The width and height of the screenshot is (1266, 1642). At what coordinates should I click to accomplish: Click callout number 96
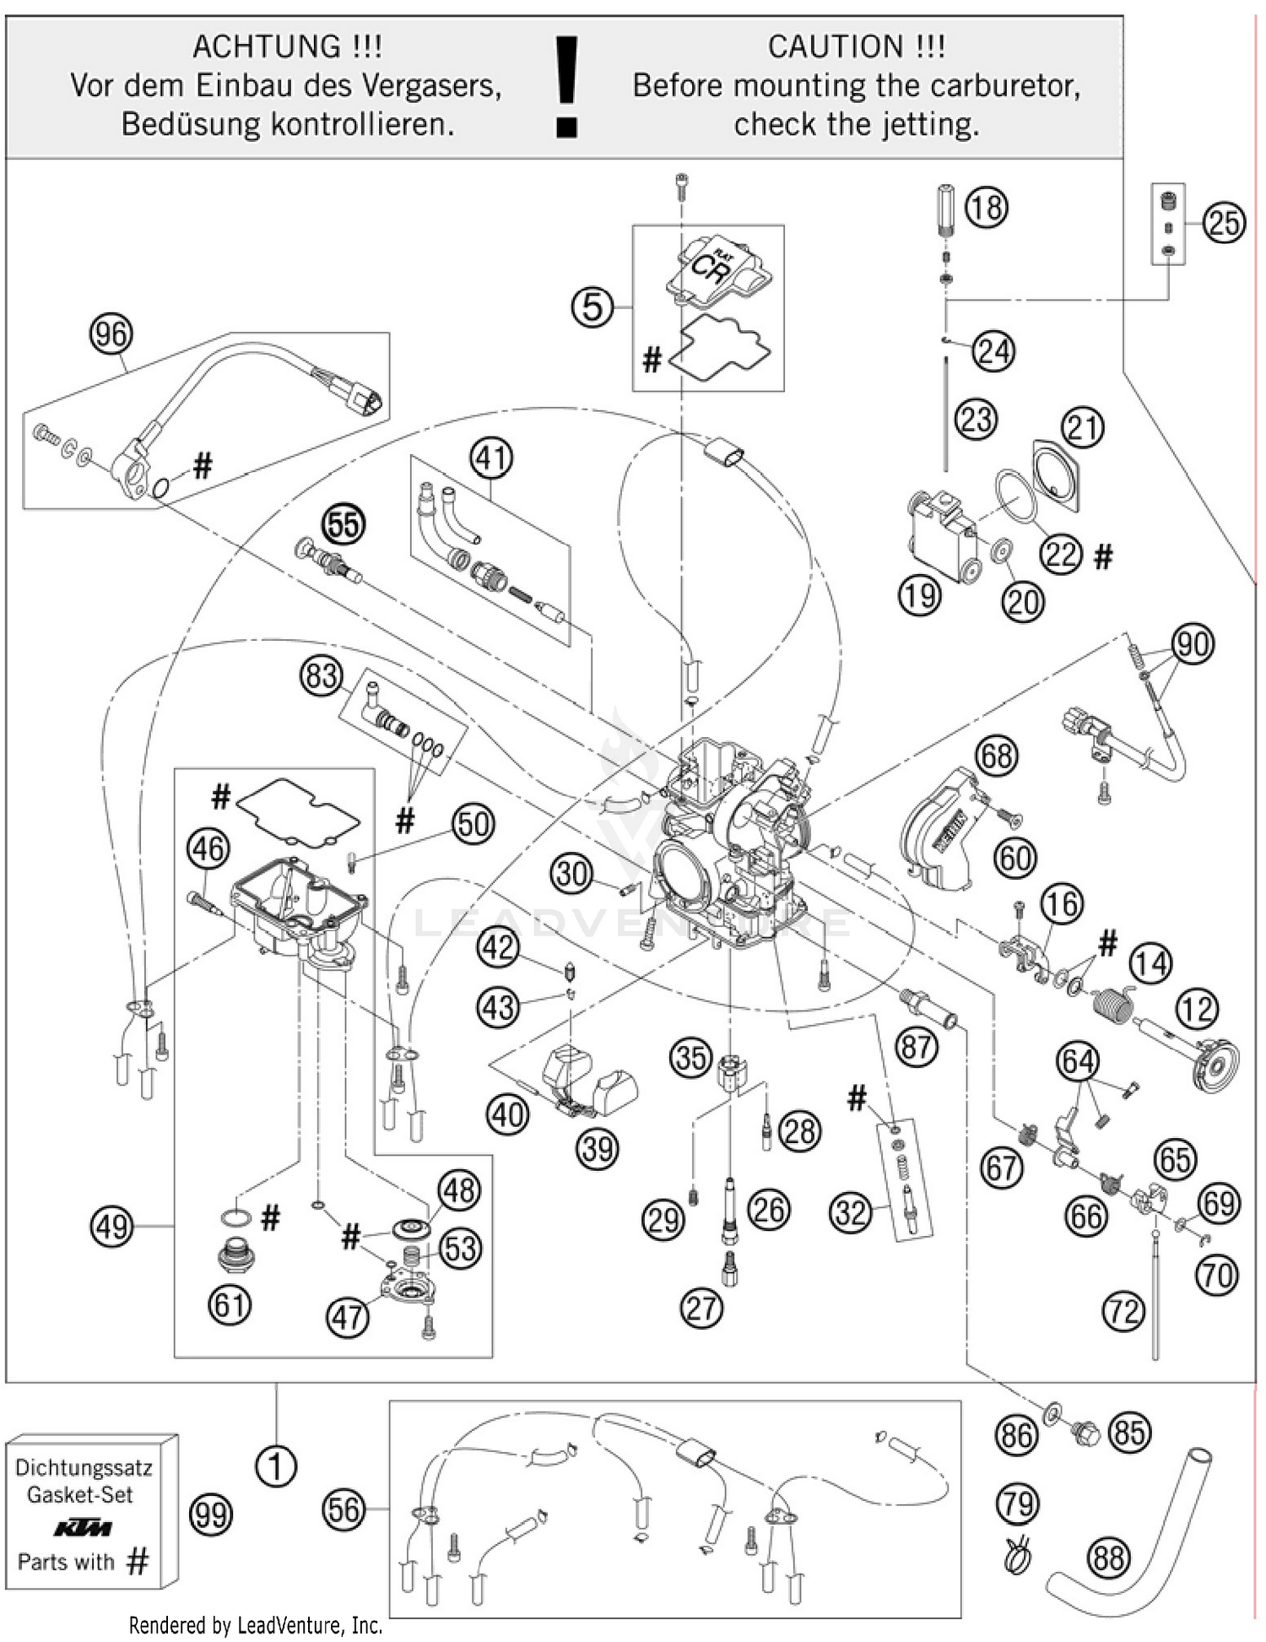(x=111, y=334)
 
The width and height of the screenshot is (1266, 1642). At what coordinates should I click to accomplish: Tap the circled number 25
(x=1223, y=223)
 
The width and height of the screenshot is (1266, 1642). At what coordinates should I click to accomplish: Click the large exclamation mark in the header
(x=566, y=86)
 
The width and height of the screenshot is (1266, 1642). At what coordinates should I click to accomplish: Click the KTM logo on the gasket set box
(x=82, y=1529)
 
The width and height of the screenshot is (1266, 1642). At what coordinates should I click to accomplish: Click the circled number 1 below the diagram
(x=275, y=1466)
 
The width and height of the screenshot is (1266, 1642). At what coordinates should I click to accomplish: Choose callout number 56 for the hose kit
(x=344, y=1509)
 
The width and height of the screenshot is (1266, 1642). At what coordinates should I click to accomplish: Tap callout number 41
(x=491, y=458)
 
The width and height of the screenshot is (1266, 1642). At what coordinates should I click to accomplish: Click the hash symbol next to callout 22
(x=1103, y=556)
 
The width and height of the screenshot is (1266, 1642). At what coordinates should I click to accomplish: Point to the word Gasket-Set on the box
(x=80, y=1494)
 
